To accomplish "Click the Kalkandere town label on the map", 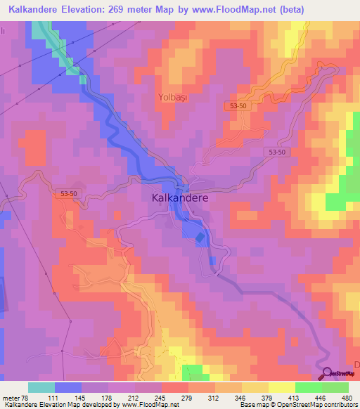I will (180, 198).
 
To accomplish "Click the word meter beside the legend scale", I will (11, 398).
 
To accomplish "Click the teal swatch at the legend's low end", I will (41, 388).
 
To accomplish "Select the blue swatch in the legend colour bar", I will (68, 388).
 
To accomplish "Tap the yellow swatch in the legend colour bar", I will (282, 388).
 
